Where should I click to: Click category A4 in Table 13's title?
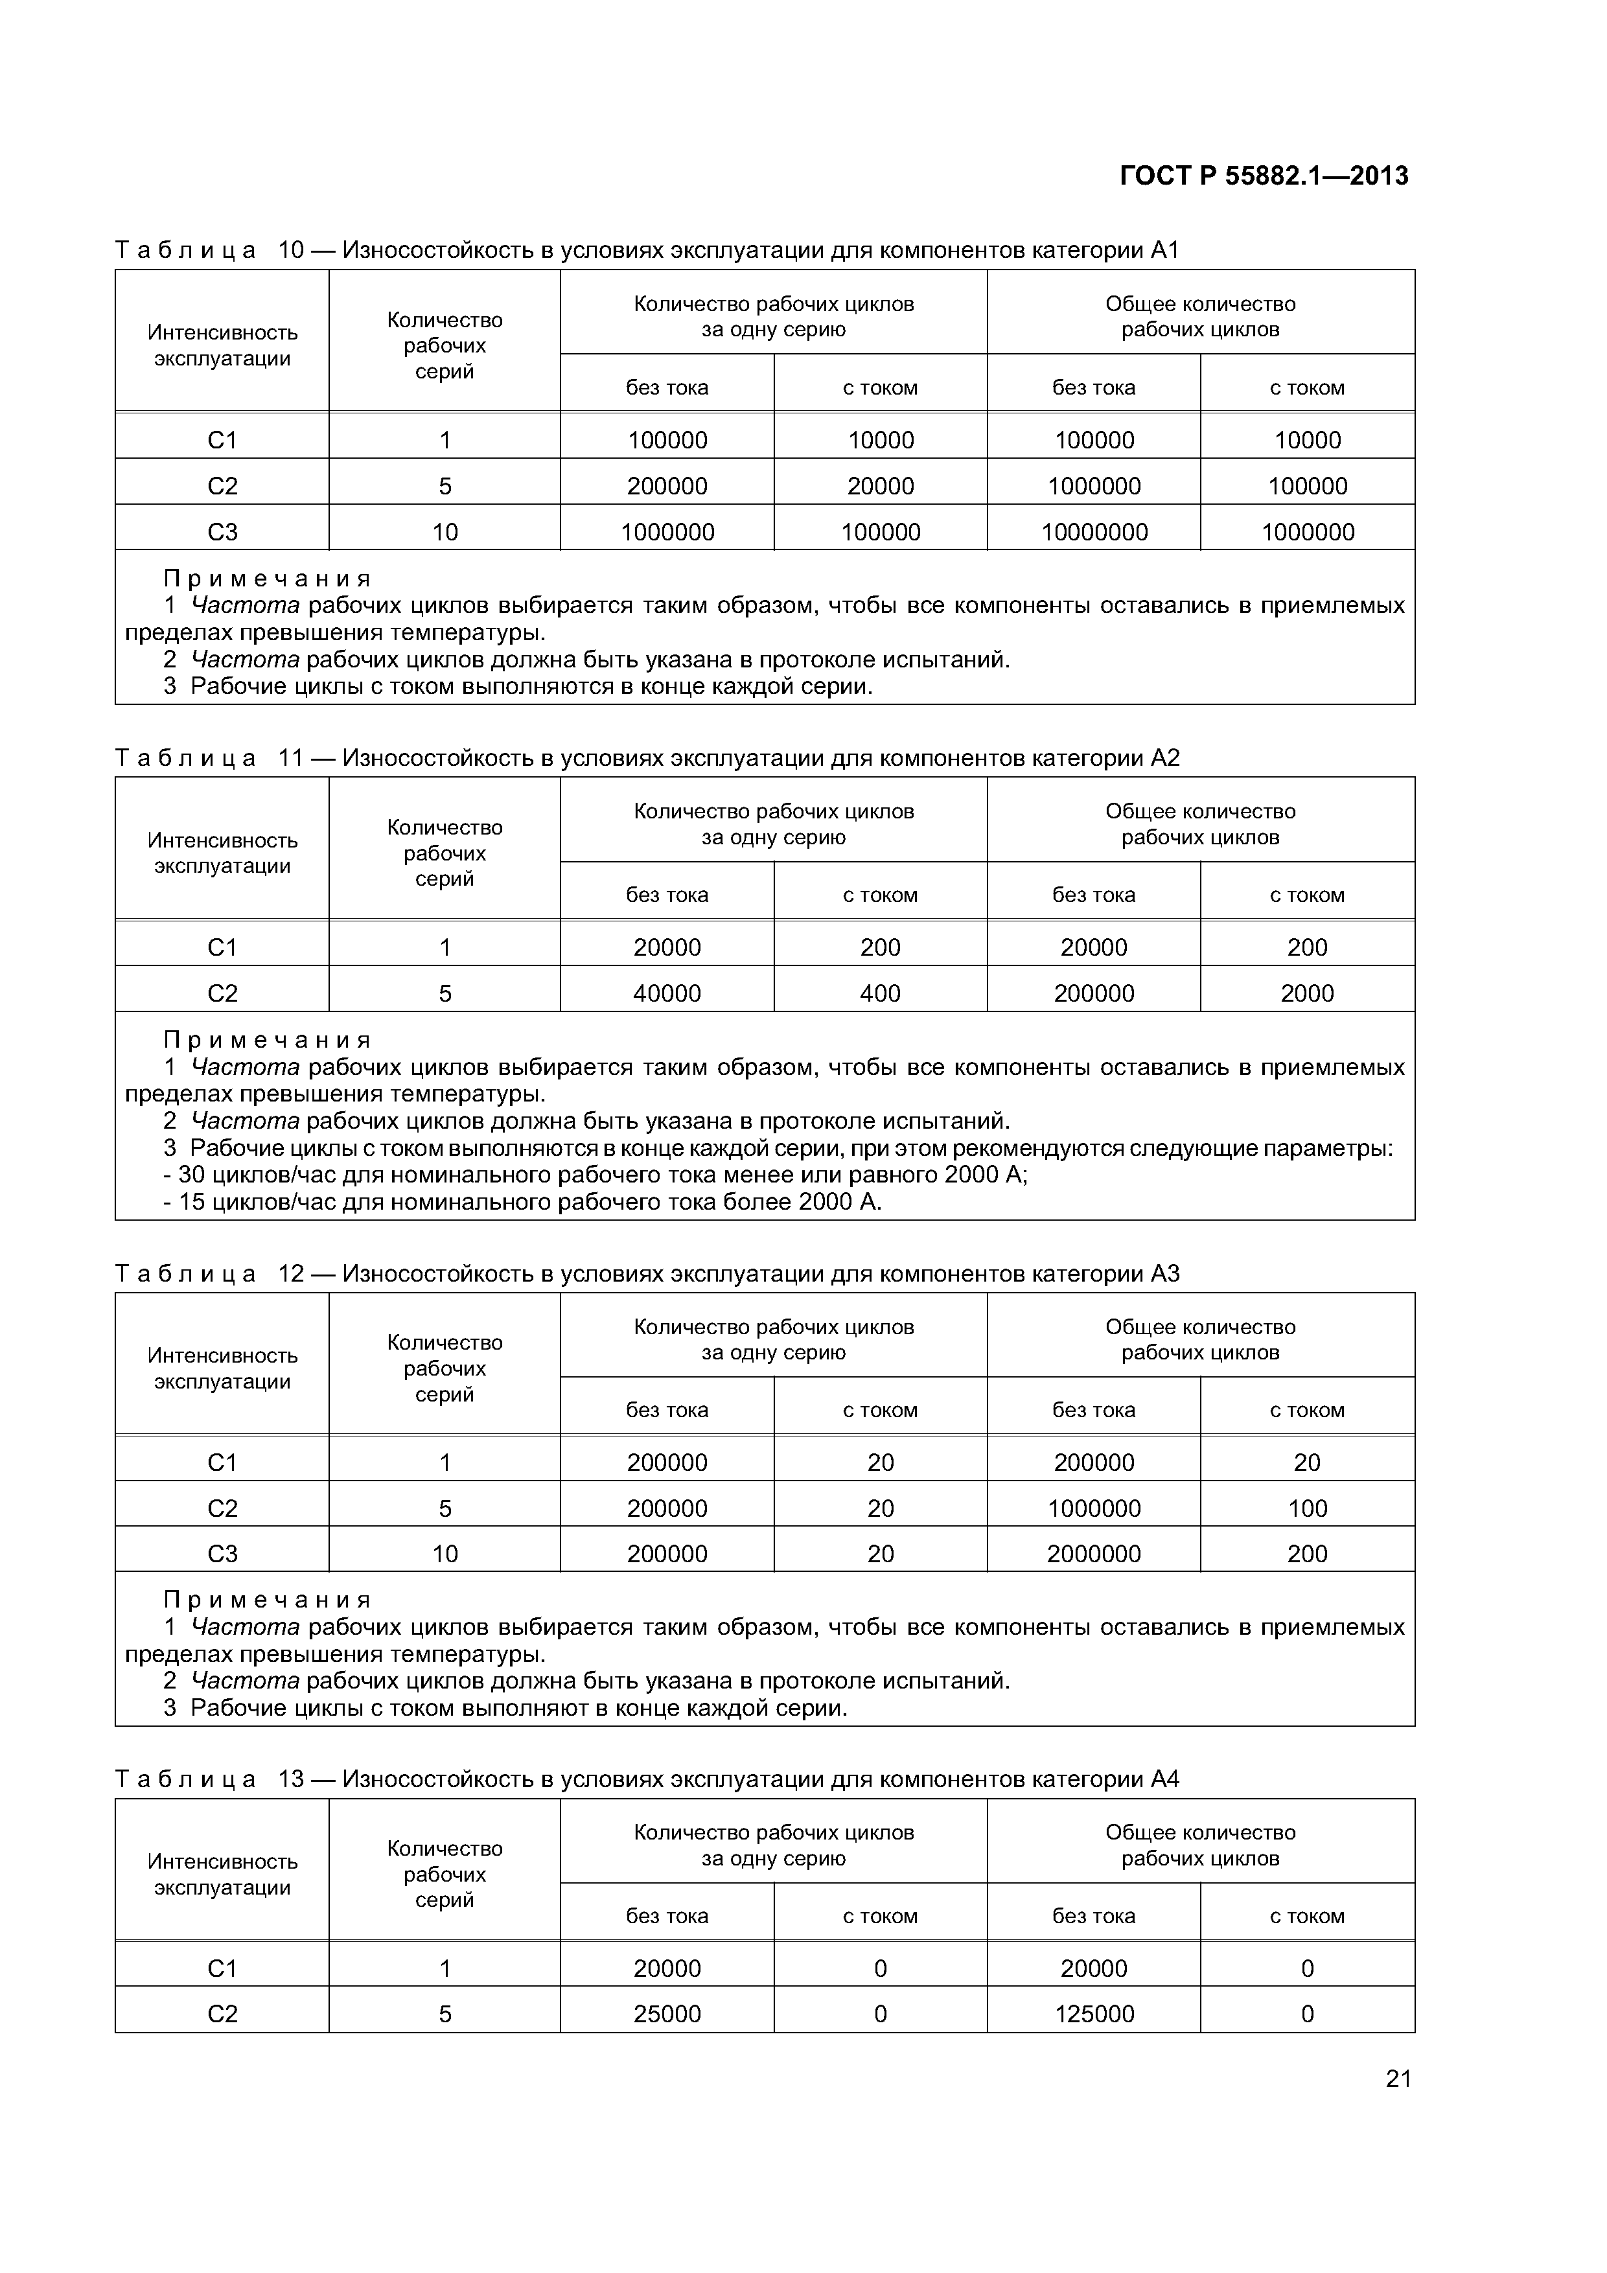pos(1165,1779)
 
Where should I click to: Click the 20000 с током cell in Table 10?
pos(879,486)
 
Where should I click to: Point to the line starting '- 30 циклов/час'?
pos(594,1175)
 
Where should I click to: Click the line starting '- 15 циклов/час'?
pos(522,1202)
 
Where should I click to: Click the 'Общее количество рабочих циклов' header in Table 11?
pos(1200,824)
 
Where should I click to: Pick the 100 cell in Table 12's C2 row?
pos(1307,1508)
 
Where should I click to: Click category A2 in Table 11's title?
pos(1165,757)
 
